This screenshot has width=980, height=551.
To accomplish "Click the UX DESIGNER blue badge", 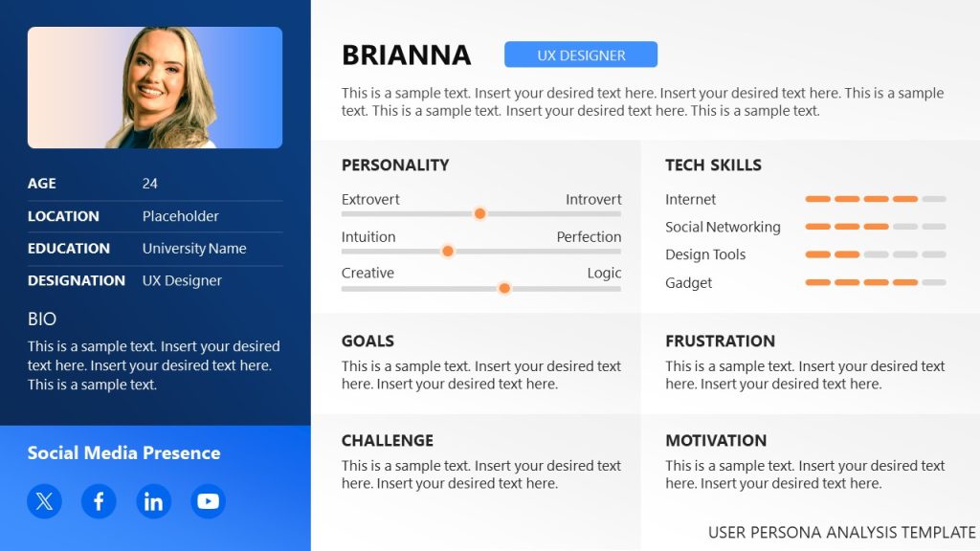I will (581, 55).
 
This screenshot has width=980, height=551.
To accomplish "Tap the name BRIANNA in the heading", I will (406, 55).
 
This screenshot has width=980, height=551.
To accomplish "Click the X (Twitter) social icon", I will (44, 500).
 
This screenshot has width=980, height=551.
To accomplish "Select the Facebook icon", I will (99, 500).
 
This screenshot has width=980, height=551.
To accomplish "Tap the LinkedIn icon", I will (153, 500).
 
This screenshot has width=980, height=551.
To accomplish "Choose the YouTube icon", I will (208, 500).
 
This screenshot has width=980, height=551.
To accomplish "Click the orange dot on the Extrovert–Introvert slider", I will (479, 213).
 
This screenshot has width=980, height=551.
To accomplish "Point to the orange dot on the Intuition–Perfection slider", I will (447, 251).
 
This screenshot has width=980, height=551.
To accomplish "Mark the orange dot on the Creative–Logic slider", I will (504, 288).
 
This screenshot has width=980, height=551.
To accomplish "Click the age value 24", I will (150, 184).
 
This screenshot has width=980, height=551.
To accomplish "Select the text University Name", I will (194, 249).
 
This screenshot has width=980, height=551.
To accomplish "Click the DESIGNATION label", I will (77, 280).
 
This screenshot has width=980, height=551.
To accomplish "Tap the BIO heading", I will (42, 320).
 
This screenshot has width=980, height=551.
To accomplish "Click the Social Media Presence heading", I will (123, 453).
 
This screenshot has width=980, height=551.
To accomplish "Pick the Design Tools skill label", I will (705, 254).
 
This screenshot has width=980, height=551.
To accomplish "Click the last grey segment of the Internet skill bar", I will (934, 199).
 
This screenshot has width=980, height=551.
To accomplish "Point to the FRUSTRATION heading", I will (720, 341).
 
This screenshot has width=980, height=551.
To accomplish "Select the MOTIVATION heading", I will (716, 440).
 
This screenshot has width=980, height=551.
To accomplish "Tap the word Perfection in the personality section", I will (589, 236).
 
